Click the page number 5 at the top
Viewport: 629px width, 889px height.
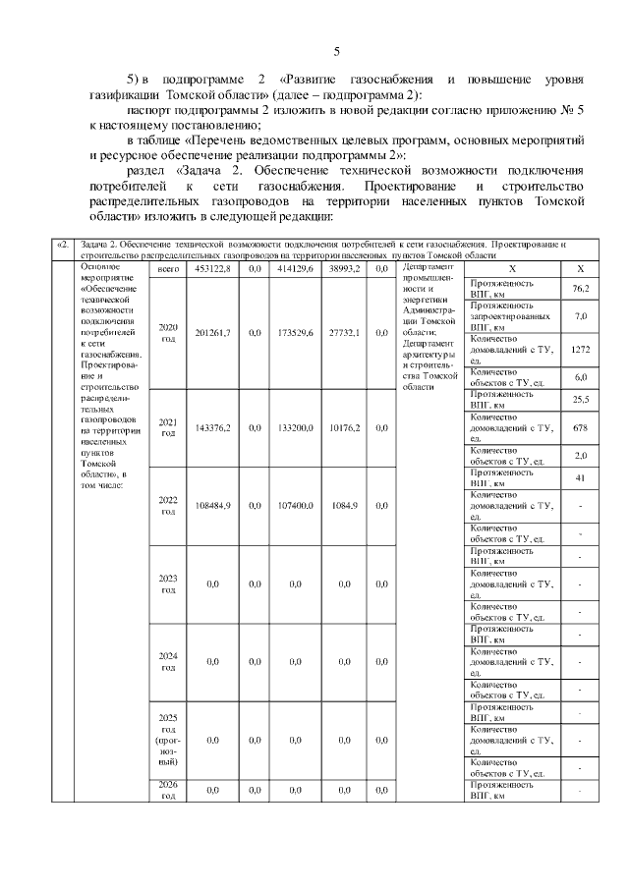336,51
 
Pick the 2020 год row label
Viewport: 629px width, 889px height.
168,333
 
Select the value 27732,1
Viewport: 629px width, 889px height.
344,333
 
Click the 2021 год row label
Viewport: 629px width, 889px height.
168,427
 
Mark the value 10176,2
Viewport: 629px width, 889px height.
344,427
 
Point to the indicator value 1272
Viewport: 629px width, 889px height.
580,350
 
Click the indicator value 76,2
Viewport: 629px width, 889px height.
580,288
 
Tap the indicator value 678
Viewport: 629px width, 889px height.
580,427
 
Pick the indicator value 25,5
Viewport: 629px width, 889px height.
580,399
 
